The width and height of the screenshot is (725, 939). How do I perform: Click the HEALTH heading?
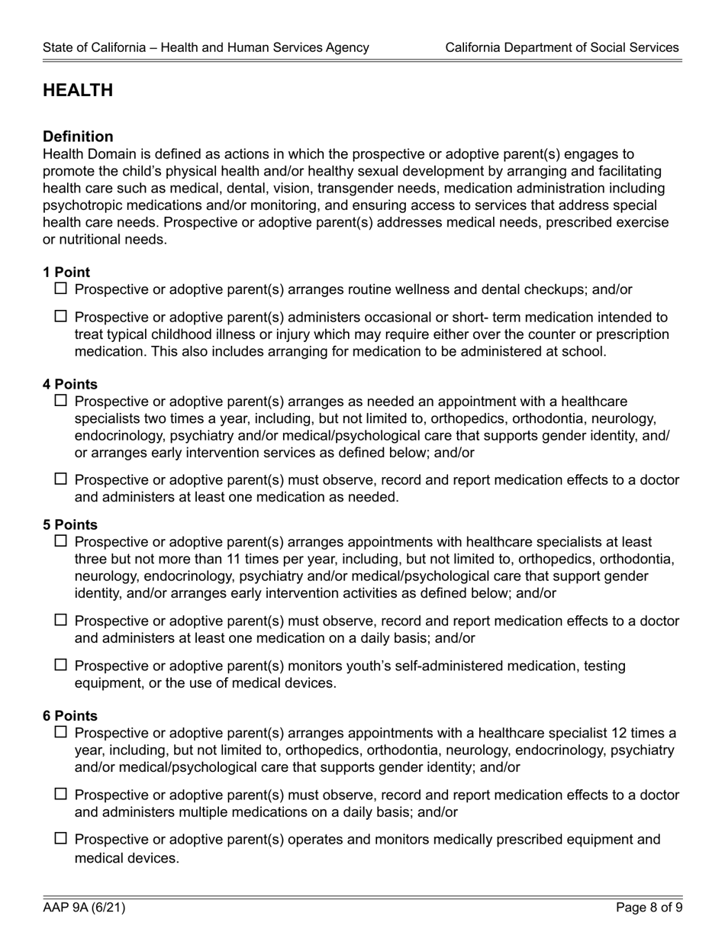click(x=78, y=91)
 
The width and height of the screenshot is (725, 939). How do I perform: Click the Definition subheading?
click(x=78, y=137)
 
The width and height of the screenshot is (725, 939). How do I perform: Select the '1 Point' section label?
click(x=66, y=273)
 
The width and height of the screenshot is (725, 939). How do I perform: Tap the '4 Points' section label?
click(x=70, y=384)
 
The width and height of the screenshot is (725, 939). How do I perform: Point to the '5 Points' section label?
click(x=70, y=525)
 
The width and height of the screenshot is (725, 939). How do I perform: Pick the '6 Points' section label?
click(x=70, y=716)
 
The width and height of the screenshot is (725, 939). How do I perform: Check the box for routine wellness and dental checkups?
click(x=61, y=289)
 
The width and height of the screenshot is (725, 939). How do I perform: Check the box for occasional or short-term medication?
click(x=61, y=316)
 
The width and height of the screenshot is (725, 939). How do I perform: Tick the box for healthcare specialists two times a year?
click(x=61, y=401)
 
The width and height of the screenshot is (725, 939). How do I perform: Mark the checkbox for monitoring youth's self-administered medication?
click(x=61, y=665)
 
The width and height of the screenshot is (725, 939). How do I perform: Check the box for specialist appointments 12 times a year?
click(x=61, y=733)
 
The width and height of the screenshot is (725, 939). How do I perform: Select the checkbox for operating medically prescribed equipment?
click(x=61, y=839)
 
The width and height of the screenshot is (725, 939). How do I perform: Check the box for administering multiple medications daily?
click(x=61, y=795)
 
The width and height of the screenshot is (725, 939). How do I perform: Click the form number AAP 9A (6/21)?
click(x=84, y=908)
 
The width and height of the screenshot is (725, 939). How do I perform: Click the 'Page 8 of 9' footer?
click(x=648, y=908)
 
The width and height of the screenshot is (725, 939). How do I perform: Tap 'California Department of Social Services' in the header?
click(x=562, y=47)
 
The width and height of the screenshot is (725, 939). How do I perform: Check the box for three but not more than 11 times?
click(x=61, y=541)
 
